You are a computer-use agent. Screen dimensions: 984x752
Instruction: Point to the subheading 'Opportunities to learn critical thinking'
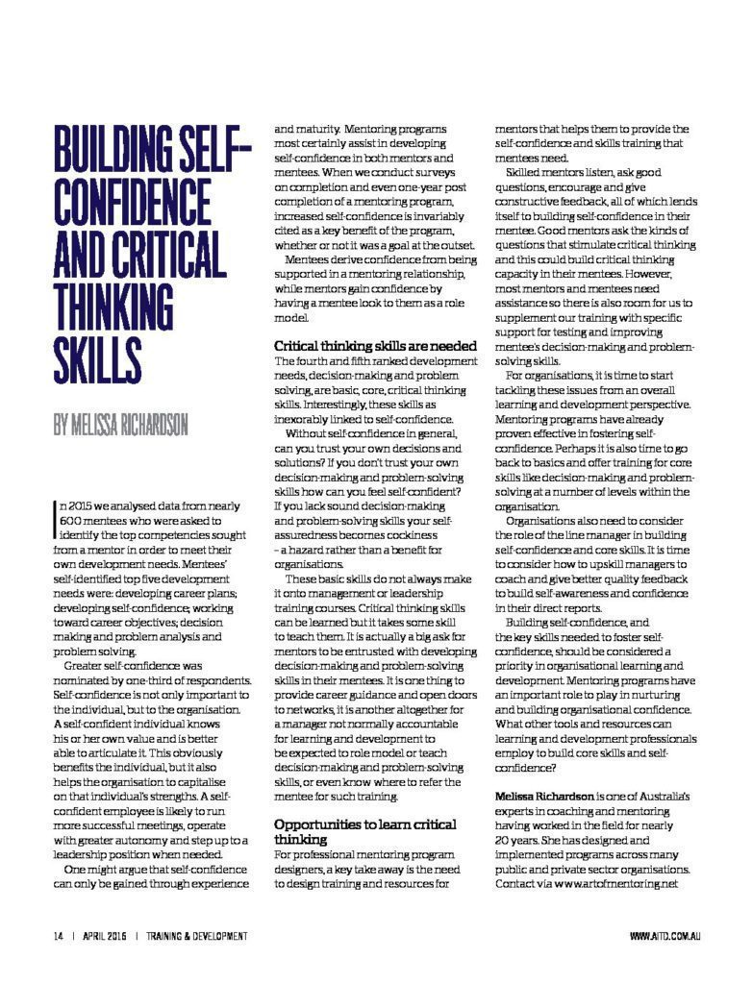click(x=365, y=832)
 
